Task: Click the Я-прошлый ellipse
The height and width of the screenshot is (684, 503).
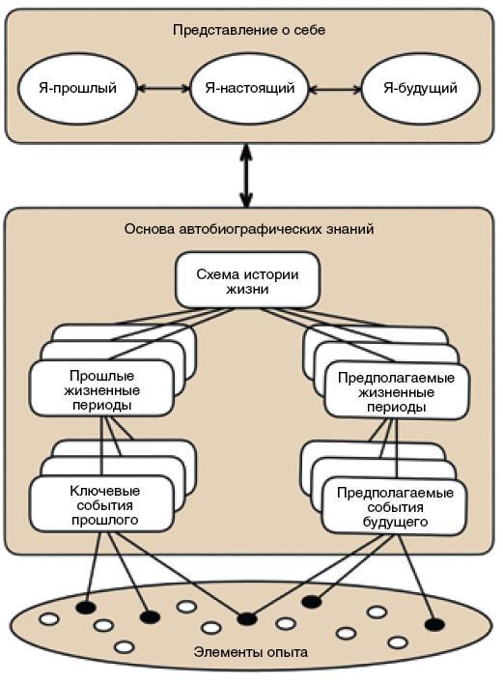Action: [x=77, y=89]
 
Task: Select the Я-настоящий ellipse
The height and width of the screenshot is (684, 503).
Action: [x=249, y=89]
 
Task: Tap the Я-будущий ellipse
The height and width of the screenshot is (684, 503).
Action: [x=420, y=89]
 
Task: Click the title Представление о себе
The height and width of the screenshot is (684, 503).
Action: [x=249, y=30]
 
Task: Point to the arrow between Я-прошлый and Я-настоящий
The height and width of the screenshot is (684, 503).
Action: [x=163, y=89]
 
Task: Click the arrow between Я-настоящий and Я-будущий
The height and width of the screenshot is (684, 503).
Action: [x=335, y=90]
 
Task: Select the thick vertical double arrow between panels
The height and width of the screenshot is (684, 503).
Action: [x=247, y=176]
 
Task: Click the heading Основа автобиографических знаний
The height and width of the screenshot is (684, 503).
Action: [x=249, y=229]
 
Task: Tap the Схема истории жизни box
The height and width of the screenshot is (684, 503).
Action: [x=247, y=280]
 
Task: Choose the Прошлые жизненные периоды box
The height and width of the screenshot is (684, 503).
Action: [x=101, y=388]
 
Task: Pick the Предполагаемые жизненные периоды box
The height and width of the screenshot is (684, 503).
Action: [x=396, y=391]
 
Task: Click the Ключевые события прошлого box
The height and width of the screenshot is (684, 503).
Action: [x=101, y=504]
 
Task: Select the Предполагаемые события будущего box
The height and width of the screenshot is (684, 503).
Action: [x=395, y=507]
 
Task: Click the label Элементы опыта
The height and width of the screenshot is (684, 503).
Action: [x=251, y=652]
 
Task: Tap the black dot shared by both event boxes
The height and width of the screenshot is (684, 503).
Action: [x=247, y=618]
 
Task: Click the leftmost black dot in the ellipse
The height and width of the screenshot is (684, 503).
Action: [x=86, y=607]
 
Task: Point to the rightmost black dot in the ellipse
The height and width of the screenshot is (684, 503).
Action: [x=434, y=625]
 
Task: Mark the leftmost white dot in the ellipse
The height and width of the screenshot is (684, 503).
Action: [x=49, y=619]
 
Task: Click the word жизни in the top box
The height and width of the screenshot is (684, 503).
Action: [x=247, y=289]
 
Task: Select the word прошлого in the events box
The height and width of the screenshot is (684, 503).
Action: [x=105, y=520]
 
